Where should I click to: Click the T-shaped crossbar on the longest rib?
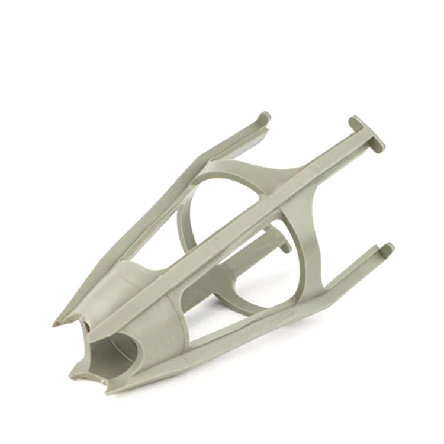click(365, 133)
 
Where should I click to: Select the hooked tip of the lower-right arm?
click(386, 248)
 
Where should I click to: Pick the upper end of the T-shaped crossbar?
click(354, 121)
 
